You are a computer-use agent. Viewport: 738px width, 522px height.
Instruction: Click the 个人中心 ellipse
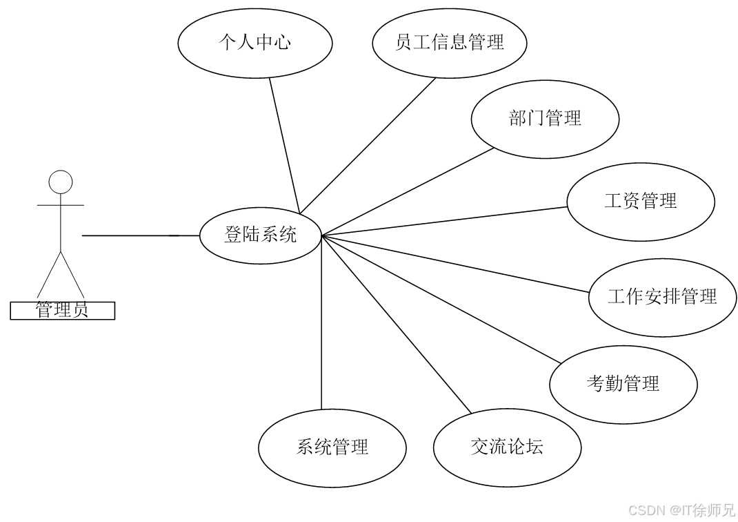[x=255, y=43]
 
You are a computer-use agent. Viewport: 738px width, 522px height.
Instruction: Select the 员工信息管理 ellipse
[x=449, y=43]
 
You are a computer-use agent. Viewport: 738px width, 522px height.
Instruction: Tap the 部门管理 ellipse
[x=545, y=119]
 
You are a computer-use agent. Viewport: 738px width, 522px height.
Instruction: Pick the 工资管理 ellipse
[x=641, y=202]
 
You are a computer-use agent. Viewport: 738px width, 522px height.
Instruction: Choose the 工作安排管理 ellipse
[x=662, y=298]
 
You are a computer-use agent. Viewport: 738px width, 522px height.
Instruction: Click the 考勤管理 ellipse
[x=623, y=384]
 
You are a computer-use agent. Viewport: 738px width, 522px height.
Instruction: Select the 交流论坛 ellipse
[x=507, y=447]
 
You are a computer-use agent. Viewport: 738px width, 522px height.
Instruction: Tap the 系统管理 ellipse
[x=332, y=447]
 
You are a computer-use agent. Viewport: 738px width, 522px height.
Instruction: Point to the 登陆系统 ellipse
[x=260, y=235]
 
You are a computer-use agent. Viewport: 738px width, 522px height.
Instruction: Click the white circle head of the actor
[x=61, y=182]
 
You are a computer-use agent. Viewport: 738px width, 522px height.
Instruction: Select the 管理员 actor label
[x=62, y=311]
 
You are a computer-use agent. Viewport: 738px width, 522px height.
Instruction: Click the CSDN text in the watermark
[x=646, y=510]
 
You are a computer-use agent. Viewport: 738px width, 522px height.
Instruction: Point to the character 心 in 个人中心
[x=282, y=43]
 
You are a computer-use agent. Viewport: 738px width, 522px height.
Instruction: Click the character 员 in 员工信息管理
[x=403, y=43]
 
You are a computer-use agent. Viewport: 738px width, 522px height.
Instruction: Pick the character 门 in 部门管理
[x=536, y=119]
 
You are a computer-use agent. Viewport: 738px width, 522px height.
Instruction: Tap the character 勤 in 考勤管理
[x=614, y=384]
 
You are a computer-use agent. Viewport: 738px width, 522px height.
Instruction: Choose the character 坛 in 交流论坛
[x=535, y=447]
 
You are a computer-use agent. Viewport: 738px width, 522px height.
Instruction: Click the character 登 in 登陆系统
[x=233, y=235]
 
